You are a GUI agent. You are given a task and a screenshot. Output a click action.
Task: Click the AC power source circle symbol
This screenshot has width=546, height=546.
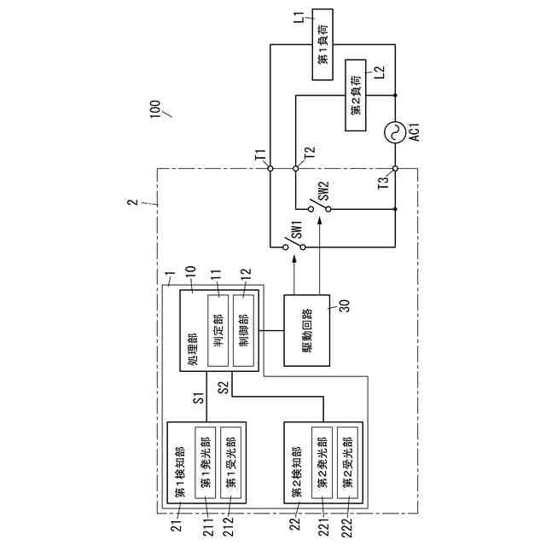click(x=397, y=130)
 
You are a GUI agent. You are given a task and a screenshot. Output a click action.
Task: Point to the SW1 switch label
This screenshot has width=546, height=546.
click(x=298, y=228)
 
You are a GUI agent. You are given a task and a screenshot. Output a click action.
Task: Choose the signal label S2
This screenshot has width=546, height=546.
click(x=222, y=387)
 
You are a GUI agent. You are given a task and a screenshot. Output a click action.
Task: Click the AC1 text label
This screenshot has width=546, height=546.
click(x=415, y=133)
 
